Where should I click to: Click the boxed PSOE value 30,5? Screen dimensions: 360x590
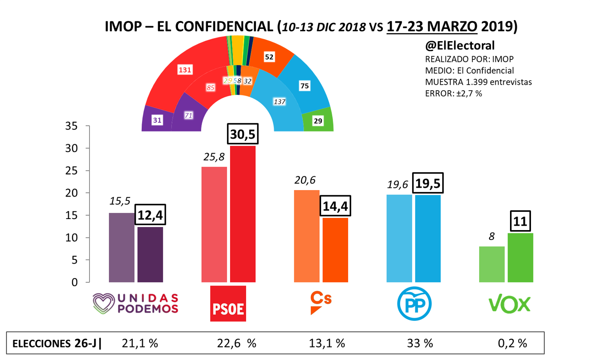click(243, 134)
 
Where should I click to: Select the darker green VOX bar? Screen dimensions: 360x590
click(520, 257)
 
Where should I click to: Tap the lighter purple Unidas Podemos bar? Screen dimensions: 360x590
click(122, 248)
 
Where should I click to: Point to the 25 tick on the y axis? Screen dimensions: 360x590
click(72, 171)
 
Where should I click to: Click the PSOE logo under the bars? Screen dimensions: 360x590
click(228, 303)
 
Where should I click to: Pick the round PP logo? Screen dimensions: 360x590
click(414, 303)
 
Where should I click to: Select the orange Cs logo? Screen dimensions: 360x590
click(320, 303)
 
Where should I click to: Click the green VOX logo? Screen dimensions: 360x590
click(509, 304)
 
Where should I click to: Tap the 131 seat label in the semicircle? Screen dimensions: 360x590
click(185, 70)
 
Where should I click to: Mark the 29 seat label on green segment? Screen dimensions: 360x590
click(318, 121)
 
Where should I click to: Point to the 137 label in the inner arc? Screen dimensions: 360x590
click(280, 102)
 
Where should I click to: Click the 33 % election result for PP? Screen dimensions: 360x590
click(420, 343)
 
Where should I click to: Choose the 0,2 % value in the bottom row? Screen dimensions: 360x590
click(512, 343)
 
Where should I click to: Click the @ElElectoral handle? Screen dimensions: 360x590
click(460, 46)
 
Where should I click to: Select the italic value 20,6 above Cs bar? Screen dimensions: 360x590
click(305, 180)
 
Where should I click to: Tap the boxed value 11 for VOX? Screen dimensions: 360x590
click(520, 221)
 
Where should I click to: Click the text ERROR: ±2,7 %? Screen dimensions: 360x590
click(453, 93)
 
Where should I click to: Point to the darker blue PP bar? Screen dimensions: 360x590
click(428, 238)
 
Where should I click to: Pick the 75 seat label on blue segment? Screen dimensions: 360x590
click(305, 86)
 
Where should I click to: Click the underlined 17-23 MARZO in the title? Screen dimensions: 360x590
click(432, 27)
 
